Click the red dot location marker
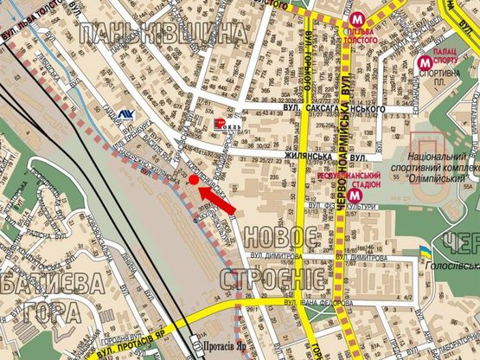[x=191, y=178]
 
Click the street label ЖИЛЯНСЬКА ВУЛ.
[x=321, y=156]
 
